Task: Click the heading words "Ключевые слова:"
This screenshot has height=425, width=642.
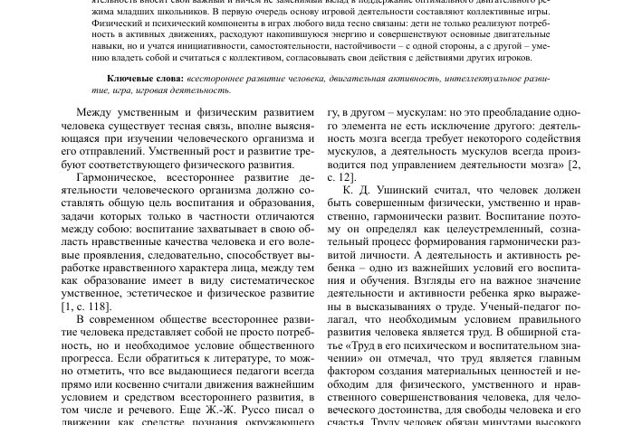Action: point(145,79)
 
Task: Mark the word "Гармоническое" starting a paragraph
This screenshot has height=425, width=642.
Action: point(120,177)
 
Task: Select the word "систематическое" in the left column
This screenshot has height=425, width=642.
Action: point(267,280)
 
